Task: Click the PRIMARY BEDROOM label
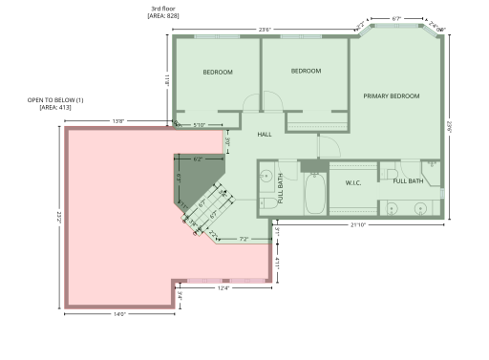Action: click(x=392, y=95)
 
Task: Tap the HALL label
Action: click(x=265, y=134)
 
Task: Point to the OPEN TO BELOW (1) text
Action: click(x=55, y=100)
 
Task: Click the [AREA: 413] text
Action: click(x=55, y=108)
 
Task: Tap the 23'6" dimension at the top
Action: click(x=265, y=30)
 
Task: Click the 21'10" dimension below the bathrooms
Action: click(x=359, y=224)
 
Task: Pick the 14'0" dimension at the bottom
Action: click(x=121, y=314)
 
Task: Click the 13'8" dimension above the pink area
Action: click(x=117, y=121)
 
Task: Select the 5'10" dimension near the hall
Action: click(x=201, y=125)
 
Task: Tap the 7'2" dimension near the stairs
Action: click(x=244, y=239)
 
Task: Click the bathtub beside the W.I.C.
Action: click(x=315, y=197)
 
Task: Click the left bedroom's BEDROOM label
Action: click(x=218, y=73)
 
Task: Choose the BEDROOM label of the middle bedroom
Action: click(x=306, y=71)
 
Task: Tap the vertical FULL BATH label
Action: click(x=280, y=188)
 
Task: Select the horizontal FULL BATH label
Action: click(x=409, y=180)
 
